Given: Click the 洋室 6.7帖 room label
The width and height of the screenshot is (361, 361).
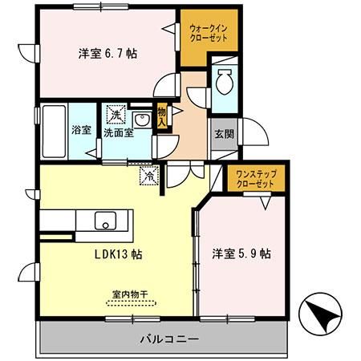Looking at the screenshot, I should [x=107, y=54].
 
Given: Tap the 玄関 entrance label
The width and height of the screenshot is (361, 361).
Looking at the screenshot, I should [x=224, y=134].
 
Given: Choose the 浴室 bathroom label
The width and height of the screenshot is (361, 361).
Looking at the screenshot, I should [x=81, y=129].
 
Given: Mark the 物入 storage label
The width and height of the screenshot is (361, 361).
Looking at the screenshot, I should [x=161, y=118].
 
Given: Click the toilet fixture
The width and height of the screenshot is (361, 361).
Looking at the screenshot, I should [x=225, y=83].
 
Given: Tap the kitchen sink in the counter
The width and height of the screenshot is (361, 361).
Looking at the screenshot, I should [x=104, y=220].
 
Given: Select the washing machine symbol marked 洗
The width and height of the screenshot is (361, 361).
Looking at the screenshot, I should [x=117, y=115].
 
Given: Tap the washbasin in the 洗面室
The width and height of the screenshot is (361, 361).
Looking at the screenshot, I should [x=143, y=120].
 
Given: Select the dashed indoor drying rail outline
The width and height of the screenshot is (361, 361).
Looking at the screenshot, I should [x=132, y=302].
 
